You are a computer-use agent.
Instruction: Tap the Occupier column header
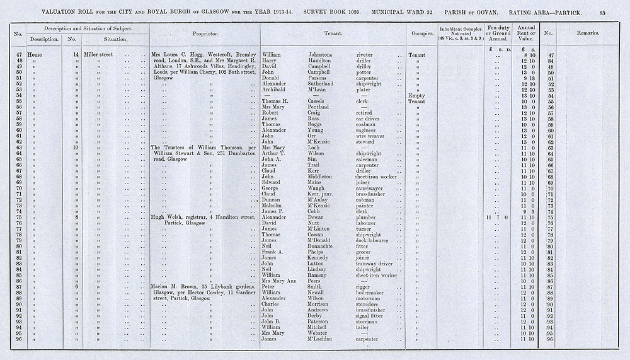pyautogui.click(x=420, y=33)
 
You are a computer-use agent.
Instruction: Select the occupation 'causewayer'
pyautogui.click(x=373, y=188)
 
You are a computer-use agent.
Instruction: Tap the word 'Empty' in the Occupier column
pyautogui.click(x=416, y=95)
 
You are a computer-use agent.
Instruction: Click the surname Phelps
pyautogui.click(x=319, y=252)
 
